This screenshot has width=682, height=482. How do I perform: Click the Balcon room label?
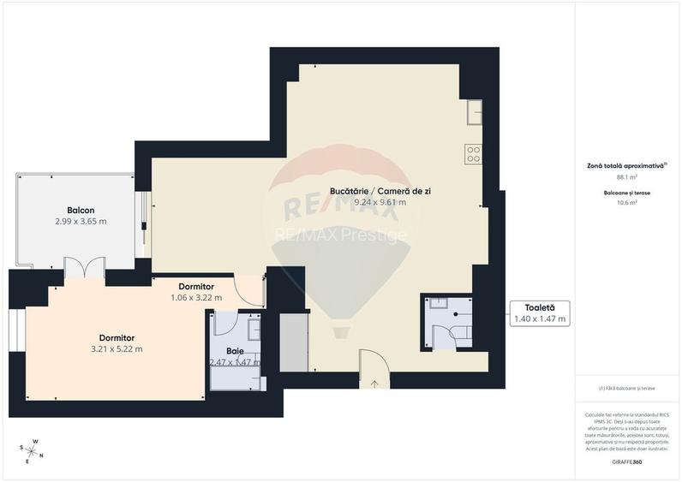click(81, 210)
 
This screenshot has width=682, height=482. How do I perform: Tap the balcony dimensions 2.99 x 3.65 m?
click(81, 221)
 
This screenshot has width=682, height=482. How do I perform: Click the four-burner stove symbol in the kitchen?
click(473, 153)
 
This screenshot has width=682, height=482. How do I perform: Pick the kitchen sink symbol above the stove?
click(474, 111)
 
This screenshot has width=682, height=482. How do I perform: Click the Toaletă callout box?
click(539, 312)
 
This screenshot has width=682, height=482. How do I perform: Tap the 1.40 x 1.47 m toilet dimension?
click(539, 318)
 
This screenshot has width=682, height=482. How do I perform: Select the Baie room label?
click(235, 351)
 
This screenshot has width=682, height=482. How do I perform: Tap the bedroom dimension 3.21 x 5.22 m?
click(116, 348)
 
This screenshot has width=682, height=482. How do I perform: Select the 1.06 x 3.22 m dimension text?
click(196, 298)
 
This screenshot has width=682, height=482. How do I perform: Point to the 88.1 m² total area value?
click(626, 177)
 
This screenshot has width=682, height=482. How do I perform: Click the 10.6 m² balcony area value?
click(626, 203)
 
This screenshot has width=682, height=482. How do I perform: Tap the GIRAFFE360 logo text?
click(626, 461)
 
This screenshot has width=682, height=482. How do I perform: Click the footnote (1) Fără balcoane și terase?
click(626, 389)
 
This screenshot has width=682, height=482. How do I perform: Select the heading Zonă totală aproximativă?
click(626, 166)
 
